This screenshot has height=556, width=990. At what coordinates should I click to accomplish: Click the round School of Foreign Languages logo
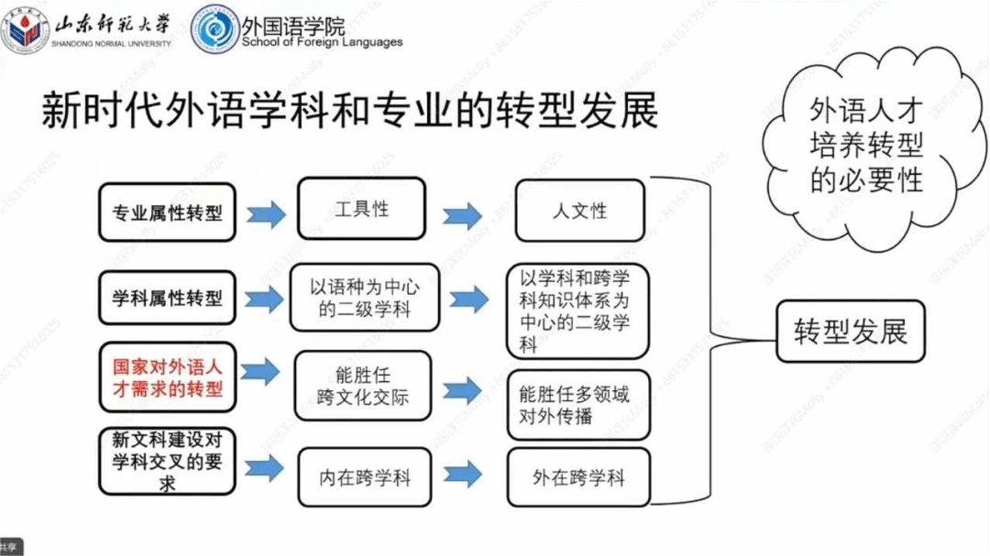216,28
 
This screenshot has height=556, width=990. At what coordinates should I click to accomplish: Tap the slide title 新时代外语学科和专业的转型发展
349,112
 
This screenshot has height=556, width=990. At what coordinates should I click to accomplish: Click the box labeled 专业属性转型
167,213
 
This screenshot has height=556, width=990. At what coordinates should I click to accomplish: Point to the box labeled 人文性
578,211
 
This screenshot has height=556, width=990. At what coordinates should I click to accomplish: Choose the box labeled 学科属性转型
167,299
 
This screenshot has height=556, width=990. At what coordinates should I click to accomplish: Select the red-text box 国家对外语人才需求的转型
167,376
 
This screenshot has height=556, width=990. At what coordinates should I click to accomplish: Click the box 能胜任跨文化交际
362,385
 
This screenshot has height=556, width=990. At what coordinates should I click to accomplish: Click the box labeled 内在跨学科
365,477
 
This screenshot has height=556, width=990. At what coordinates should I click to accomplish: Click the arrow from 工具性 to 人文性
462,216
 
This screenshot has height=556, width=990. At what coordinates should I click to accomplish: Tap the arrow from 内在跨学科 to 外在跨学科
462,474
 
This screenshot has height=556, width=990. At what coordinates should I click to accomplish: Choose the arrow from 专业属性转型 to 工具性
266,215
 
